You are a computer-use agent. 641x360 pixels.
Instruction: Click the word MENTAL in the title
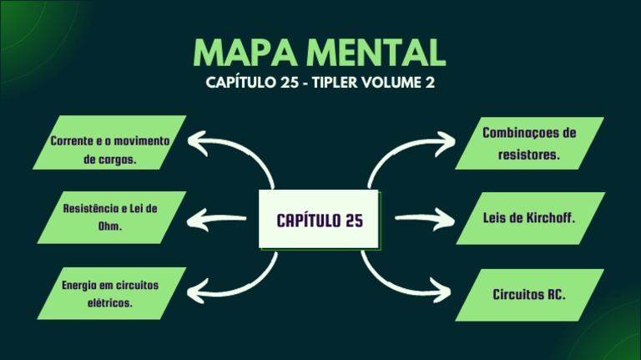381,53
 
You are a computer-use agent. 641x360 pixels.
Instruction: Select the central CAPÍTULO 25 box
320,221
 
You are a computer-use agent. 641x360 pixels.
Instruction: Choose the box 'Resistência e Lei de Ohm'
110,217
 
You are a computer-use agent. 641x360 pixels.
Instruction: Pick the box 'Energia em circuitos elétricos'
110,293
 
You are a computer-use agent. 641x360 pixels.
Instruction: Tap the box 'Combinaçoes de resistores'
529,144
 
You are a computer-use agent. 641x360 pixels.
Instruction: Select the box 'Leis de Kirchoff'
529,218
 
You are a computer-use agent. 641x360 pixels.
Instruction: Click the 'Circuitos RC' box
529,294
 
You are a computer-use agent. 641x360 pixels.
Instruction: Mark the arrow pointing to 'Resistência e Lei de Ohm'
217,221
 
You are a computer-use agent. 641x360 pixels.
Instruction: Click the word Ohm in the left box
110,226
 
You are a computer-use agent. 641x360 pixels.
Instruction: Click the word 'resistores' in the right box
529,155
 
